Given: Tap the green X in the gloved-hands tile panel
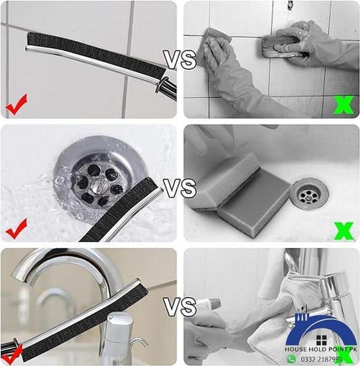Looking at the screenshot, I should (x=343, y=105).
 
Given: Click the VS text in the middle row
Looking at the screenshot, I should (x=180, y=187).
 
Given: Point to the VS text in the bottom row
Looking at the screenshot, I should (x=180, y=307).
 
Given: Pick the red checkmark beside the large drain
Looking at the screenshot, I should (x=17, y=228).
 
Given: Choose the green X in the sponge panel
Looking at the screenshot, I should (x=343, y=230).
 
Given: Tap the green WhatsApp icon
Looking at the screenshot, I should (x=292, y=359).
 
